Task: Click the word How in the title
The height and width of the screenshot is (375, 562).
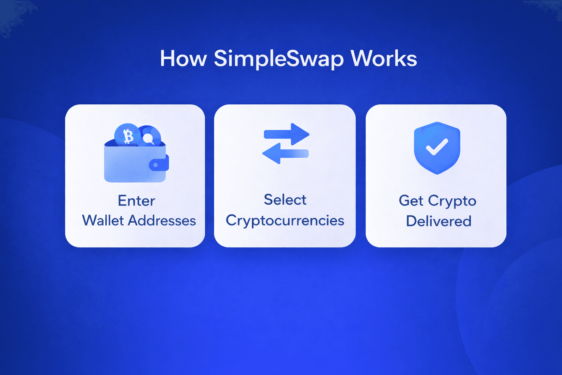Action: [x=183, y=58]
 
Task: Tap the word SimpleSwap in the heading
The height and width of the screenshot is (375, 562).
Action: [x=279, y=59]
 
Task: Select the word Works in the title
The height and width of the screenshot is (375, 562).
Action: [x=384, y=58]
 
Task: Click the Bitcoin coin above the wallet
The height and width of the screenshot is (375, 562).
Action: [x=127, y=135]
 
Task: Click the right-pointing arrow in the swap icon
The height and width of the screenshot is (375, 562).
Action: [x=286, y=134]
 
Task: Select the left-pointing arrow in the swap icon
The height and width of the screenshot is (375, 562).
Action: [x=285, y=153]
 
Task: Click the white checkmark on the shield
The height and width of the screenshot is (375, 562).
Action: [x=437, y=147]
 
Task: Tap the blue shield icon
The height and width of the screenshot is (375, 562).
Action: [x=437, y=148]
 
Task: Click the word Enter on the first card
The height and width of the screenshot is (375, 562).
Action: [x=136, y=201]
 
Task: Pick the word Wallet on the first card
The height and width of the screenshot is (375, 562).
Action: [x=103, y=220]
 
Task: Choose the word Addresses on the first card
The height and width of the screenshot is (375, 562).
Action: [x=162, y=220]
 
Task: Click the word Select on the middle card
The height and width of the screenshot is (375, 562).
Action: [x=285, y=200]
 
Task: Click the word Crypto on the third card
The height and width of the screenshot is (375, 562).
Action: [x=452, y=202]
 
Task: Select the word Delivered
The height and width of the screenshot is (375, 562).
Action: [x=439, y=221]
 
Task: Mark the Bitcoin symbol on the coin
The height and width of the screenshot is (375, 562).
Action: [x=128, y=137]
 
